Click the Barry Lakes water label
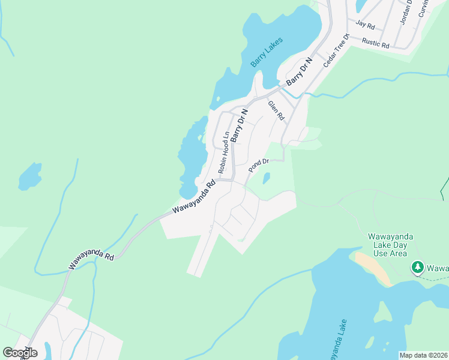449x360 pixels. point(267,53)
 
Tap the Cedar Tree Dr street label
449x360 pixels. point(336,50)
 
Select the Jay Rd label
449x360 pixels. point(365,25)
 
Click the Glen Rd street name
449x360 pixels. point(276,110)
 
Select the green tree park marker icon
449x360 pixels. point(417,267)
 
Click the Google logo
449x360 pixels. point(20,353)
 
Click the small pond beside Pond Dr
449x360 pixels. point(267,178)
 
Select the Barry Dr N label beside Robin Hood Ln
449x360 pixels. point(240,125)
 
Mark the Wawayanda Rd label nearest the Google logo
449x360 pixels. point(91,261)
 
